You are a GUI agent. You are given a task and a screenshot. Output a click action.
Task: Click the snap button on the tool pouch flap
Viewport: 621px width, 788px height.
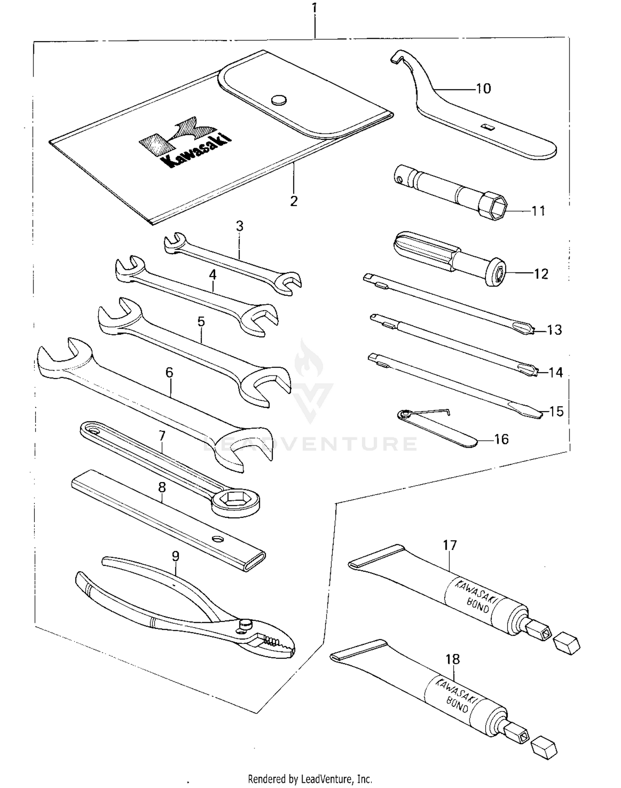(279, 100)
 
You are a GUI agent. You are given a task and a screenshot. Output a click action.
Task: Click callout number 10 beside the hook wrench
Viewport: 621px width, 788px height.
(483, 89)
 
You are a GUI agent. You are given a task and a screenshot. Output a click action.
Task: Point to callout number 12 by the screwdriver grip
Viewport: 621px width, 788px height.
(541, 274)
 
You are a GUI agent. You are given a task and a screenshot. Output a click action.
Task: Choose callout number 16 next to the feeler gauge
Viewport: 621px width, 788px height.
(501, 439)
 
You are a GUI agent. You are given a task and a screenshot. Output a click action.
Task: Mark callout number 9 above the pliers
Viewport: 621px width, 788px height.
(176, 556)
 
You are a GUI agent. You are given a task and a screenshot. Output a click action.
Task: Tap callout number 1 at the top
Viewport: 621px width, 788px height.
(315, 8)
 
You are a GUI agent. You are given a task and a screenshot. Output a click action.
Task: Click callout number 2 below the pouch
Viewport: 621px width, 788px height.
(294, 201)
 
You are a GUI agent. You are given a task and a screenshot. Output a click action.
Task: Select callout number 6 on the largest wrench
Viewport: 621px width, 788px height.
(169, 372)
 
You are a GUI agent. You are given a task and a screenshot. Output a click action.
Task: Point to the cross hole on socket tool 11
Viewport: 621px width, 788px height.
(399, 179)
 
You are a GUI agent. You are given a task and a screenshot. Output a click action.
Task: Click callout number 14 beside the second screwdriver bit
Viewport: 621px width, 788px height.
(555, 372)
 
